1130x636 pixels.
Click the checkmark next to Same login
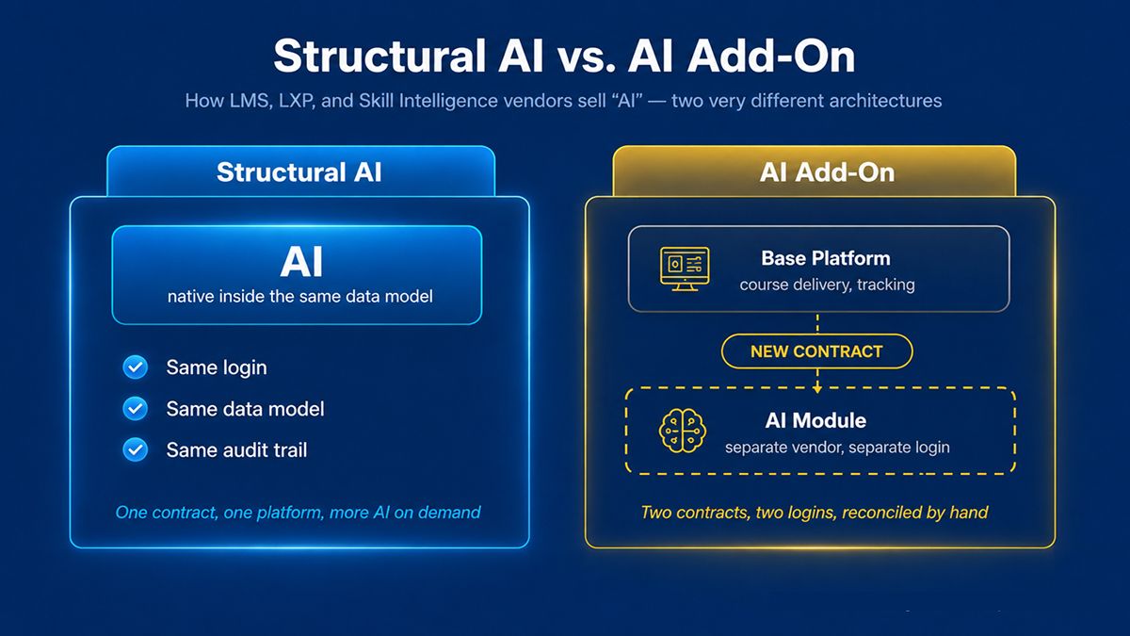coord(136,367)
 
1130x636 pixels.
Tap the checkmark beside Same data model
coord(136,408)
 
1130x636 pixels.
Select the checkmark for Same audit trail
coord(136,449)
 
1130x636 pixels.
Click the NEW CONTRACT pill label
coord(816,351)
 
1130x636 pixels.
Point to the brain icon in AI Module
coord(683,431)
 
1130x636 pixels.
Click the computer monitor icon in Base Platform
coord(685,269)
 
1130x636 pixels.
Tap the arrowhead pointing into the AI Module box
coord(817,389)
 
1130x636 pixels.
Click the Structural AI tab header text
coord(299,172)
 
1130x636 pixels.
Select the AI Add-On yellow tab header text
coord(828,172)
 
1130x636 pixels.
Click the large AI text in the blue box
coord(301,262)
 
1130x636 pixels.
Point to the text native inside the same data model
coord(300,296)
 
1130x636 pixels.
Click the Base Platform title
coord(826,258)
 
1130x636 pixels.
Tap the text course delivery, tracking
coord(828,285)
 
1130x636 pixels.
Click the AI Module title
coord(815,420)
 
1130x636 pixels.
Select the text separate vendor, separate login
coord(837,448)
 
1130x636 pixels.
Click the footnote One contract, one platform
coord(298,513)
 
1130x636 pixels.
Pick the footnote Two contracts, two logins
coord(815,513)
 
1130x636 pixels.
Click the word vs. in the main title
coord(586,57)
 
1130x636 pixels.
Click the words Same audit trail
coord(236,450)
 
